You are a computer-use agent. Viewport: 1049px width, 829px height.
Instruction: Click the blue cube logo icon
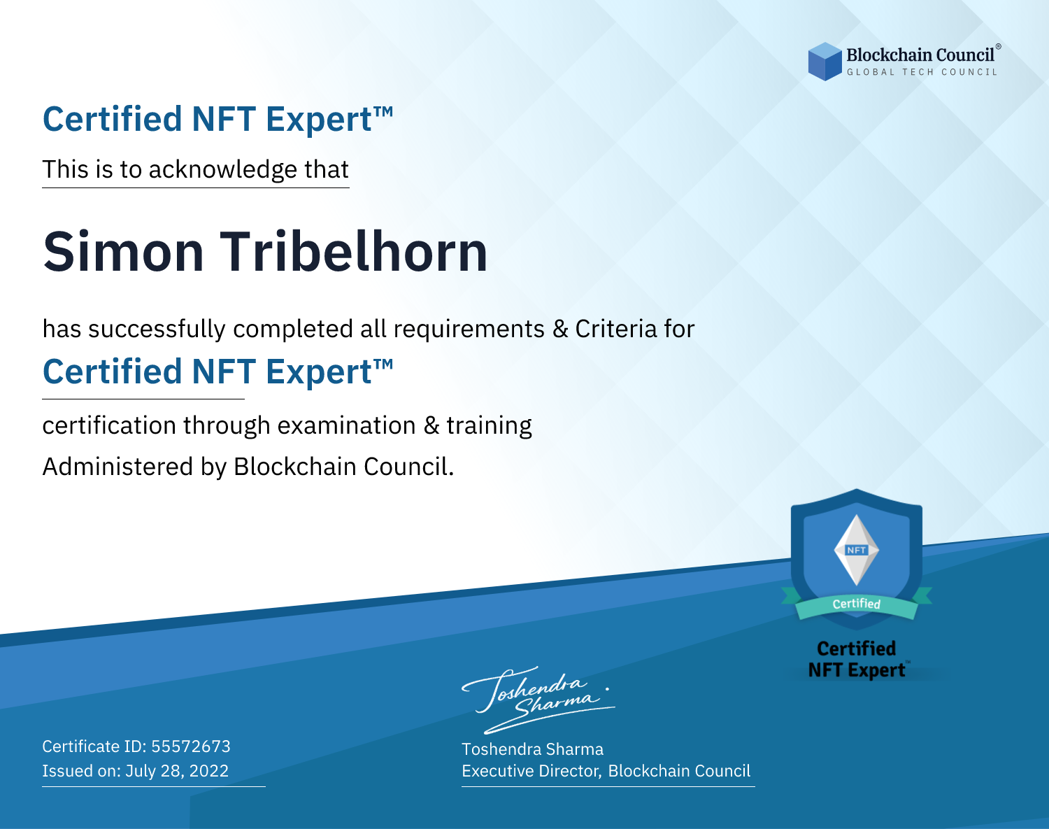tap(825, 62)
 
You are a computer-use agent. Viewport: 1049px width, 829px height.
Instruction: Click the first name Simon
tap(123, 252)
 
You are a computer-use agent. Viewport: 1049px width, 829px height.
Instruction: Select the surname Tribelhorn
tap(354, 252)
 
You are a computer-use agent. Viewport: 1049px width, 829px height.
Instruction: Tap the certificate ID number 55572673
tap(191, 746)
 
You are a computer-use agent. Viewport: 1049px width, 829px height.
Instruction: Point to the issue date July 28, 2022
tap(177, 771)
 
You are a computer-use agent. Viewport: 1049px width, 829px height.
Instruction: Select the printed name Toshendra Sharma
tap(532, 749)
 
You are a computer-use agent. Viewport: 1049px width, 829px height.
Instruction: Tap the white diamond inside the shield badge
tap(857, 550)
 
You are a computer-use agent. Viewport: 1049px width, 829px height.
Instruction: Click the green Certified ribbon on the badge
tap(857, 604)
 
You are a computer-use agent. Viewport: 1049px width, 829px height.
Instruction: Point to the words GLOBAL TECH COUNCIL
tap(922, 72)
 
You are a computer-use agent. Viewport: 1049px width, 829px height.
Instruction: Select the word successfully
tap(157, 330)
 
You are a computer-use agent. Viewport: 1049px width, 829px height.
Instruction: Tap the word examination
tap(347, 425)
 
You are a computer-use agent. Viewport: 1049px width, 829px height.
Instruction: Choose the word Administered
tap(118, 466)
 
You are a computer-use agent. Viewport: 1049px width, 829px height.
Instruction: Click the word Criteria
tap(615, 329)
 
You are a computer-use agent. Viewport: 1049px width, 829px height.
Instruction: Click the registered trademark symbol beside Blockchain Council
tap(999, 47)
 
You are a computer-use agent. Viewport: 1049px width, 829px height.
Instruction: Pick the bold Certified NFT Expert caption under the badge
tap(857, 660)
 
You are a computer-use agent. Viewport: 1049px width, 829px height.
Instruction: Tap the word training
tap(490, 426)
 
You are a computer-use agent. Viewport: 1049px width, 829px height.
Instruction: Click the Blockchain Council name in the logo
tap(920, 55)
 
